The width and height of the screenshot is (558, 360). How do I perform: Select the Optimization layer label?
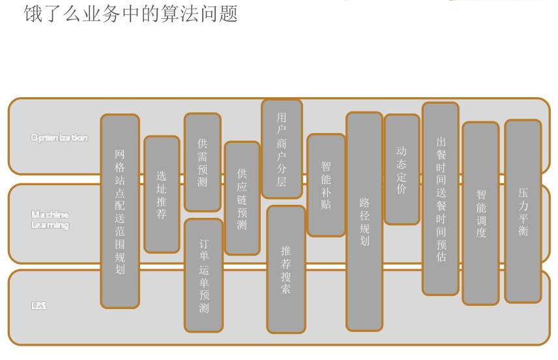[x=59, y=138]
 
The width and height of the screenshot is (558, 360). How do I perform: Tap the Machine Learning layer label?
[x=50, y=220]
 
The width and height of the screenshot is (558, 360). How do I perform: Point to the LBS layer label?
[x=38, y=305]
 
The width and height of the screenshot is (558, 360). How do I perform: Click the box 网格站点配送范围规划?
[x=120, y=211]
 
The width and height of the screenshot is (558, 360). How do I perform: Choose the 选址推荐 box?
[x=162, y=194]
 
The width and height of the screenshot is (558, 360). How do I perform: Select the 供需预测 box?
[x=202, y=162]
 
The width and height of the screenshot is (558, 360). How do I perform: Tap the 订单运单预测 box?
[x=204, y=275]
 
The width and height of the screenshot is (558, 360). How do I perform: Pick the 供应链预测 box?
[x=242, y=198]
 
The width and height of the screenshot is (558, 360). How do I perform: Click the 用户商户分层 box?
[x=282, y=149]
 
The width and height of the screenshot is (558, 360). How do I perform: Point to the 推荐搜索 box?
[x=286, y=269]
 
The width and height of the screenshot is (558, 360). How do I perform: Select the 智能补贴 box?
[x=326, y=185]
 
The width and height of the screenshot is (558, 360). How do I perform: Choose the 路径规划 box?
[x=364, y=221]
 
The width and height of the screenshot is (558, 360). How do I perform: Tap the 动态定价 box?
[x=402, y=170]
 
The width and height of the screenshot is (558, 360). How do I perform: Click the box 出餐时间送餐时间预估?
[x=441, y=199]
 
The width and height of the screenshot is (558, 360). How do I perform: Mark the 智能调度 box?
[x=481, y=213]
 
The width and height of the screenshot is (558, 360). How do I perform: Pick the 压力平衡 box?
[x=523, y=211]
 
